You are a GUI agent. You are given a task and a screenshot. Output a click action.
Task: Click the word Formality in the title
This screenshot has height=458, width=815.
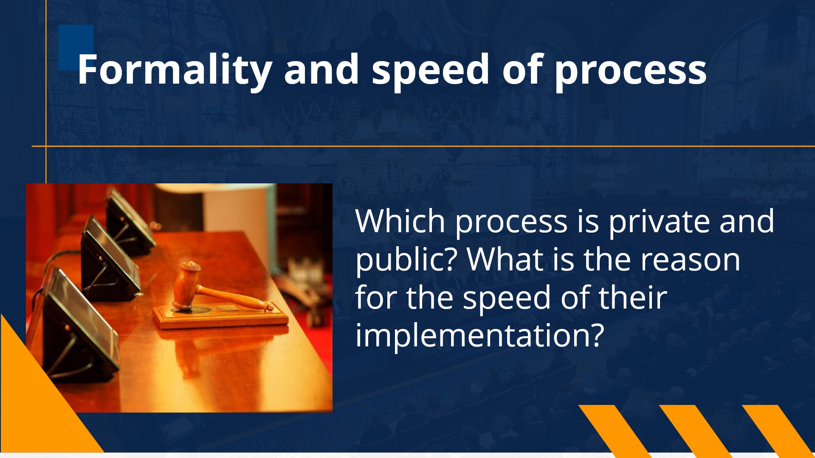click(x=175, y=70)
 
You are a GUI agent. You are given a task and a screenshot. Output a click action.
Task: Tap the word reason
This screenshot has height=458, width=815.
click(x=690, y=260)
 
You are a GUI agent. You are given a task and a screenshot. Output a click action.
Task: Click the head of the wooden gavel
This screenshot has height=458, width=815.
click(x=186, y=285)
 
